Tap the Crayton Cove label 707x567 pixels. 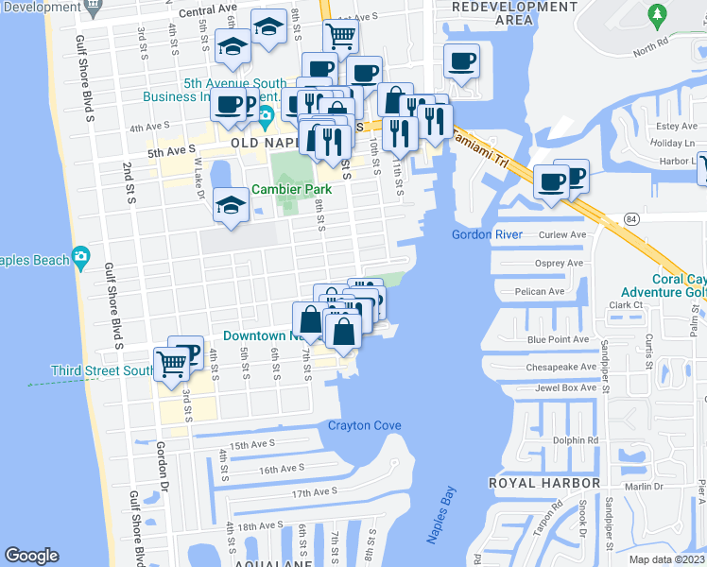(364, 425)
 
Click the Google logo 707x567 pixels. (31, 556)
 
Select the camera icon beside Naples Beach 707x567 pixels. (81, 257)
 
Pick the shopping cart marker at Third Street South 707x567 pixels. (171, 363)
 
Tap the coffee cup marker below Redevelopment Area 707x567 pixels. (461, 62)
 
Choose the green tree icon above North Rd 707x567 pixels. (657, 14)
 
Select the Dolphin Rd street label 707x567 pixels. (577, 440)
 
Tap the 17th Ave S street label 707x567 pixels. (314, 492)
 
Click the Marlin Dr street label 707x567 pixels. (644, 486)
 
